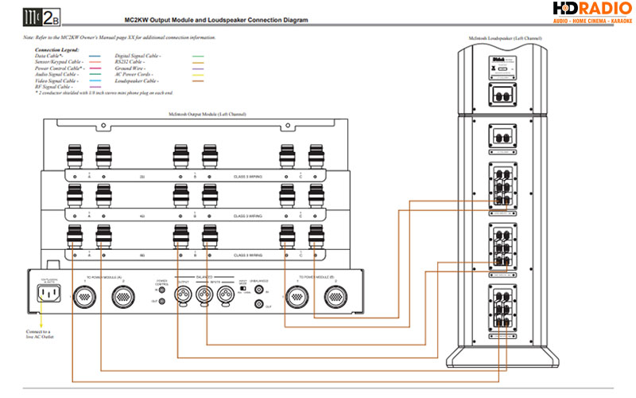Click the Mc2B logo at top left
tap(40, 17)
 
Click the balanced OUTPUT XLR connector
tap(183, 296)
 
